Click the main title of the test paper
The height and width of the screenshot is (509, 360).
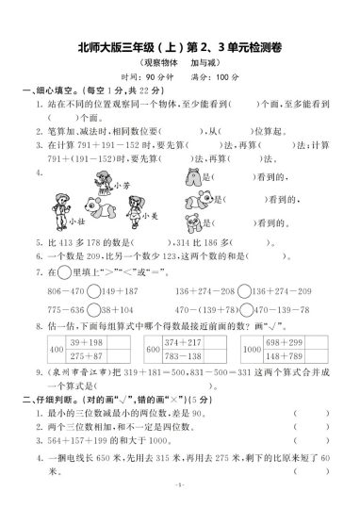(x=179, y=51)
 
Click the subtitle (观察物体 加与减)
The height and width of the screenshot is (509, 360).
(x=179, y=65)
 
